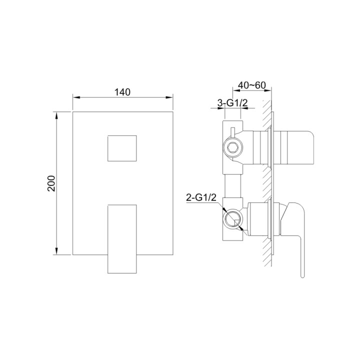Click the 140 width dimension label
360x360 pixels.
click(122, 92)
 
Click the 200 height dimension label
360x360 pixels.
click(51, 183)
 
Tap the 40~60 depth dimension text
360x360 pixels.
click(251, 85)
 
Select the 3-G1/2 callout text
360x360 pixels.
click(232, 103)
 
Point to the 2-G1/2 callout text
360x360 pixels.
click(201, 197)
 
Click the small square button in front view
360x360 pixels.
click(122, 148)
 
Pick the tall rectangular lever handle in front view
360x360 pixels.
click(122, 239)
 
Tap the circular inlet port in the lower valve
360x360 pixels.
click(232, 219)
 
